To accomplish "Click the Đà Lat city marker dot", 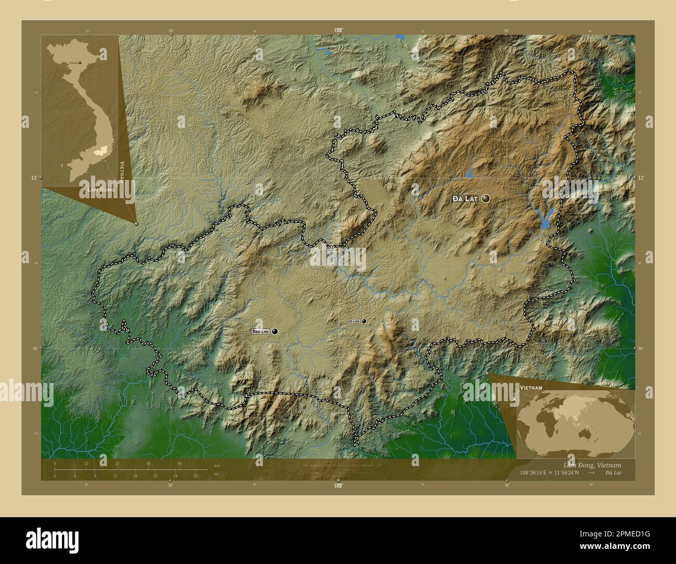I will tap(486, 198).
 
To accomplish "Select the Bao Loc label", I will tap(261, 331).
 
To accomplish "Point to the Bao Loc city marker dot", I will tap(275, 331).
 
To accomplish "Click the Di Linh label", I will tap(354, 322).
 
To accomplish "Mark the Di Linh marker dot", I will tap(364, 321).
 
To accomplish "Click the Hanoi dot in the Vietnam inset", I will tap(80, 62).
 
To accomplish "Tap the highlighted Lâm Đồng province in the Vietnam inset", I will tap(99, 150).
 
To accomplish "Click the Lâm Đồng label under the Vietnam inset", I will tap(99, 193).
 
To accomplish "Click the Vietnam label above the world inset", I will tap(531, 388).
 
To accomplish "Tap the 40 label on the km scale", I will tap(179, 464).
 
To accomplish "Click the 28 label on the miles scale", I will tap(196, 476).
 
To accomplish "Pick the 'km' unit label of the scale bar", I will tap(216, 465).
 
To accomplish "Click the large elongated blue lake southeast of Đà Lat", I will tap(546, 219).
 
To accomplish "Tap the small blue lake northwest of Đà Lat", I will tap(470, 172).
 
